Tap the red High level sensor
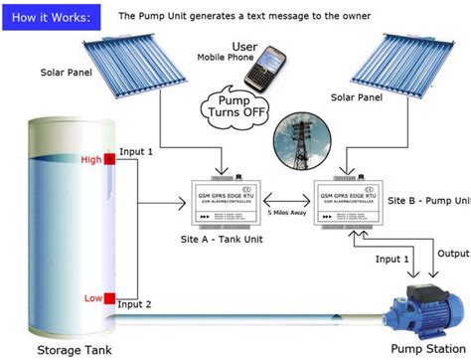coord(107,160)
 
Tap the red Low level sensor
coord(106,296)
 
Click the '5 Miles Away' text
coord(289,215)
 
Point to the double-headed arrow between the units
coord(289,200)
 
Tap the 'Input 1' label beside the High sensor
coord(137,152)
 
